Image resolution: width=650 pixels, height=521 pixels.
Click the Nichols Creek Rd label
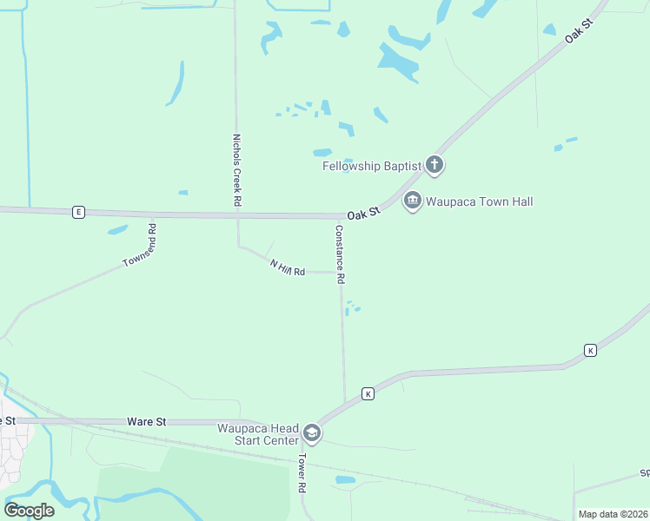(x=236, y=168)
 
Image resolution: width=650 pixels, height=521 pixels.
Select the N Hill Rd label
(x=288, y=268)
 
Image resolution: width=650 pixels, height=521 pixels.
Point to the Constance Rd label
(x=341, y=255)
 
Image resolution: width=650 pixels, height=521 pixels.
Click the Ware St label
(x=146, y=422)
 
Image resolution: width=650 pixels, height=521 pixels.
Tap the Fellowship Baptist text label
(x=372, y=165)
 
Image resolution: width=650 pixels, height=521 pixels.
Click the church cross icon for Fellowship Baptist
(x=434, y=165)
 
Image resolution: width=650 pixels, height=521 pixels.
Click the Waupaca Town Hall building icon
(x=412, y=201)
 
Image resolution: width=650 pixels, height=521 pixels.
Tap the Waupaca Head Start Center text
(x=257, y=434)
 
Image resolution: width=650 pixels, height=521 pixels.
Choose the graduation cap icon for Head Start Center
(x=312, y=433)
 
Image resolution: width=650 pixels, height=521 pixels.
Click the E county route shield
(x=78, y=212)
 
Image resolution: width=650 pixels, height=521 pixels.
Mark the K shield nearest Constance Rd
(x=368, y=393)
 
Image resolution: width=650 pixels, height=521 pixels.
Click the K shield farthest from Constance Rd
(x=590, y=350)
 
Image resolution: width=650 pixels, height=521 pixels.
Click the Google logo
(x=29, y=510)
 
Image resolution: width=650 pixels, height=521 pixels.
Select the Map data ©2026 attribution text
(x=613, y=514)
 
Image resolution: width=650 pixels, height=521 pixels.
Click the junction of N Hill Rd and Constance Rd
(x=341, y=272)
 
